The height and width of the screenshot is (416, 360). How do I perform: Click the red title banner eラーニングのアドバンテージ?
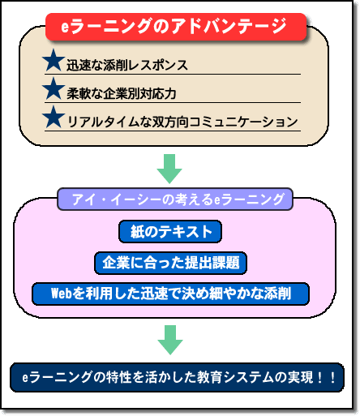(x=176, y=27)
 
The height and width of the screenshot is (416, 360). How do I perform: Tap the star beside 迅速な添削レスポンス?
(x=54, y=61)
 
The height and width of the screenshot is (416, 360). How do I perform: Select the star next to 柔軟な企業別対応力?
(x=54, y=89)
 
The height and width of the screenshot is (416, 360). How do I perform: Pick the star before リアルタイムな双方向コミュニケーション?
(x=54, y=118)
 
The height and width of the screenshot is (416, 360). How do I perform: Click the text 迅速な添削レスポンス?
(x=127, y=65)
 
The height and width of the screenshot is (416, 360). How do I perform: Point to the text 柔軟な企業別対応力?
(x=122, y=93)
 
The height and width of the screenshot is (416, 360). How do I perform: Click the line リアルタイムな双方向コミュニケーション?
(x=182, y=122)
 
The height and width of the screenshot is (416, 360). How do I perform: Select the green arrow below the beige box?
(x=169, y=169)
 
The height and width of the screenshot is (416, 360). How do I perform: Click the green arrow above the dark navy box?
(x=170, y=340)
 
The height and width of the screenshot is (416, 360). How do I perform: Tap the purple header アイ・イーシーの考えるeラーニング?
(x=175, y=199)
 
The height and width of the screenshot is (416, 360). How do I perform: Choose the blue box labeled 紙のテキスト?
(x=170, y=231)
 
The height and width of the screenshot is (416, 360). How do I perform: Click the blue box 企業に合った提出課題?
(x=170, y=263)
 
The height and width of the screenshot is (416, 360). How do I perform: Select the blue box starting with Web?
(x=170, y=294)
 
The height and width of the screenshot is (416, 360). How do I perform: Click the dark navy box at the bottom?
(x=177, y=377)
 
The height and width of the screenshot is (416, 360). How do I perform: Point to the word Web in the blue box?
(x=62, y=294)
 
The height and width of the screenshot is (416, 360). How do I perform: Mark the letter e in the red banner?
(x=65, y=27)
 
